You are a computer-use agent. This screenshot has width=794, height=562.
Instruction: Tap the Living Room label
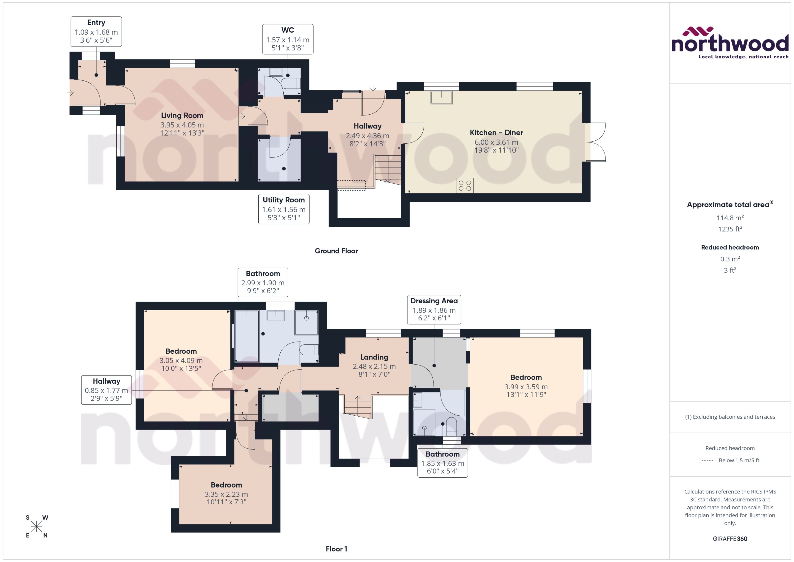pos(182,115)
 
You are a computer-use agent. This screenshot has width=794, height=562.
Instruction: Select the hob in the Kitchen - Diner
pos(465,186)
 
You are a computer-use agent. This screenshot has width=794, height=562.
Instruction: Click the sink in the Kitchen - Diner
pos(441,97)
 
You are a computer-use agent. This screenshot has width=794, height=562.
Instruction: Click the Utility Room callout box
pos(284,209)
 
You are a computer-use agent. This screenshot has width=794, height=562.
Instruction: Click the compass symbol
pos(36,527)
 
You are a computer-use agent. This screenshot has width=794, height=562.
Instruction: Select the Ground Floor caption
pos(336,251)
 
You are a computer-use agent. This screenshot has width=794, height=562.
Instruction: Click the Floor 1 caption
pos(336,549)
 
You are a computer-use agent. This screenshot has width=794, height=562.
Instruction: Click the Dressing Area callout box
pos(434,309)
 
